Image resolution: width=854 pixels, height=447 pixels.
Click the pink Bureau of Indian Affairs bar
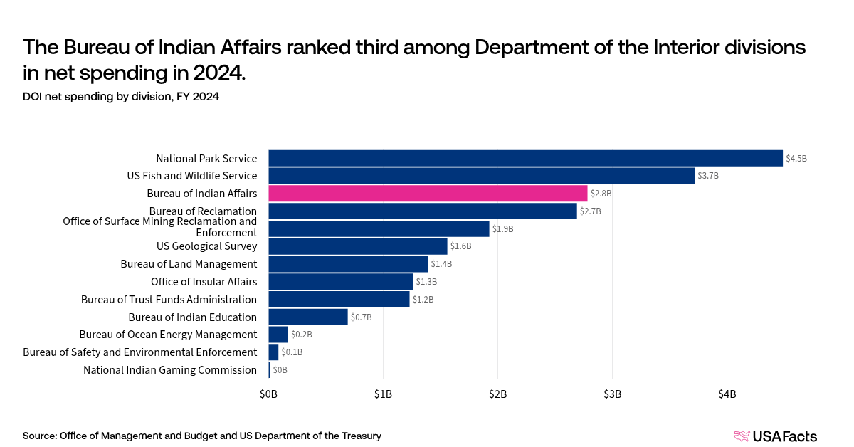tap(428, 194)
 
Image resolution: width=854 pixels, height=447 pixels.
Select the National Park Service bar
tap(525, 158)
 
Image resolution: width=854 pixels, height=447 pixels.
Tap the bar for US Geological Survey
tap(357, 246)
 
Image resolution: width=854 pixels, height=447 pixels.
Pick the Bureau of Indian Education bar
tap(307, 317)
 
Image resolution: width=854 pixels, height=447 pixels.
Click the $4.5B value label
tap(796, 159)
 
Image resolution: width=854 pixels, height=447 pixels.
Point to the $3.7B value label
tap(708, 176)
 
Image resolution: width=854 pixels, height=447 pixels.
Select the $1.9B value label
tap(503, 229)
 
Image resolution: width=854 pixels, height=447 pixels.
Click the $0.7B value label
tap(362, 317)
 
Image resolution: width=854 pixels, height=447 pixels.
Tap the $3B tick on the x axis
tap(612, 394)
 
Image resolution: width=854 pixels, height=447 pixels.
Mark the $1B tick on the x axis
tap(383, 394)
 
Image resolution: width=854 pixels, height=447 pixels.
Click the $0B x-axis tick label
tap(268, 394)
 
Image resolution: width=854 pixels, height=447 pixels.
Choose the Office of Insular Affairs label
tap(204, 282)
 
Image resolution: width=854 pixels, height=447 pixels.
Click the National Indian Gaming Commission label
tap(169, 370)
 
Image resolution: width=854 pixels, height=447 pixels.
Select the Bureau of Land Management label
tap(188, 264)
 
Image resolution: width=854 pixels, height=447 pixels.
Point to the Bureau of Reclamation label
tap(203, 211)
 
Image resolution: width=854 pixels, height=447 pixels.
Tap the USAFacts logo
tap(775, 436)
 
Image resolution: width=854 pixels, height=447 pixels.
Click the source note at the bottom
tap(202, 436)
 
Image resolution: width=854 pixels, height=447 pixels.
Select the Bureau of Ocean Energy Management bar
tap(278, 335)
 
